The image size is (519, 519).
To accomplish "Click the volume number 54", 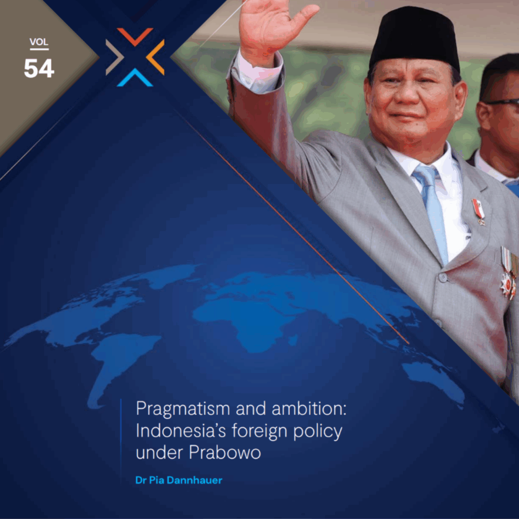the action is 39,68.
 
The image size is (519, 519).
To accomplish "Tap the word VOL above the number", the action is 39,42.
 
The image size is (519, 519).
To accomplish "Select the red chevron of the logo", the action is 135,36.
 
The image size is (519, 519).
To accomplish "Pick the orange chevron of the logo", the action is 156,57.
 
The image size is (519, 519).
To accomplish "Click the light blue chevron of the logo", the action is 135,78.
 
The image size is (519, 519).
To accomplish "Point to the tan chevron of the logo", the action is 114,57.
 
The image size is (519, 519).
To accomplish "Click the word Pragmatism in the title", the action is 183,410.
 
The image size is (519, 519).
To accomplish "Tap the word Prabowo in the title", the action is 225,452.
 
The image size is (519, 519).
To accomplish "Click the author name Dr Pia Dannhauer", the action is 179,480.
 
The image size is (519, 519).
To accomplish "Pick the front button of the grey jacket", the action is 443,277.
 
